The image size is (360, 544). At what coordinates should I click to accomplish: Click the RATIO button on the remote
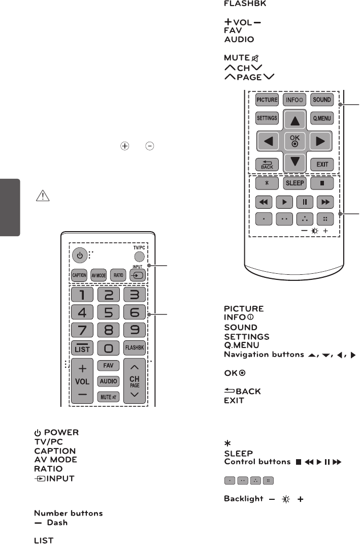coord(118,275)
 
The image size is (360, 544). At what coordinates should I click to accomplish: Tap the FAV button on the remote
coord(108,365)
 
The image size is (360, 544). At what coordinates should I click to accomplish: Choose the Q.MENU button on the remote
coord(321,118)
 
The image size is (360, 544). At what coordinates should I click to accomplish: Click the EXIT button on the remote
coord(321,164)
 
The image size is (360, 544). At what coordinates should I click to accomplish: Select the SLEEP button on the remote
coord(294,182)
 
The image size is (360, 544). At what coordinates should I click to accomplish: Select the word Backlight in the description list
coord(243,499)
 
